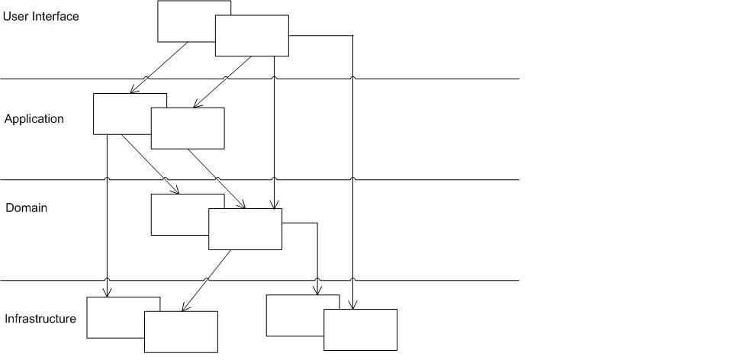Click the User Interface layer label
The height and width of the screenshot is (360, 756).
(40, 16)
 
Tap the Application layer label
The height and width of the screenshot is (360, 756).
(34, 119)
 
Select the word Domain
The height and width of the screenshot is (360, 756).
(27, 207)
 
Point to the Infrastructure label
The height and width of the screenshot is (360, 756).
(40, 319)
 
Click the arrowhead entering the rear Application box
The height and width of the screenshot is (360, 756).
(133, 89)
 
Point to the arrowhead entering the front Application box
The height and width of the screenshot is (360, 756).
(196, 104)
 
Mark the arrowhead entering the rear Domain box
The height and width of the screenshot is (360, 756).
(175, 190)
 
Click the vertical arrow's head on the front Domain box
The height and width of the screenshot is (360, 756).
(274, 205)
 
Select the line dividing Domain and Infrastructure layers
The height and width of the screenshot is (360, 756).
(259, 280)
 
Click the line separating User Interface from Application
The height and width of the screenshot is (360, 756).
(259, 79)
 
